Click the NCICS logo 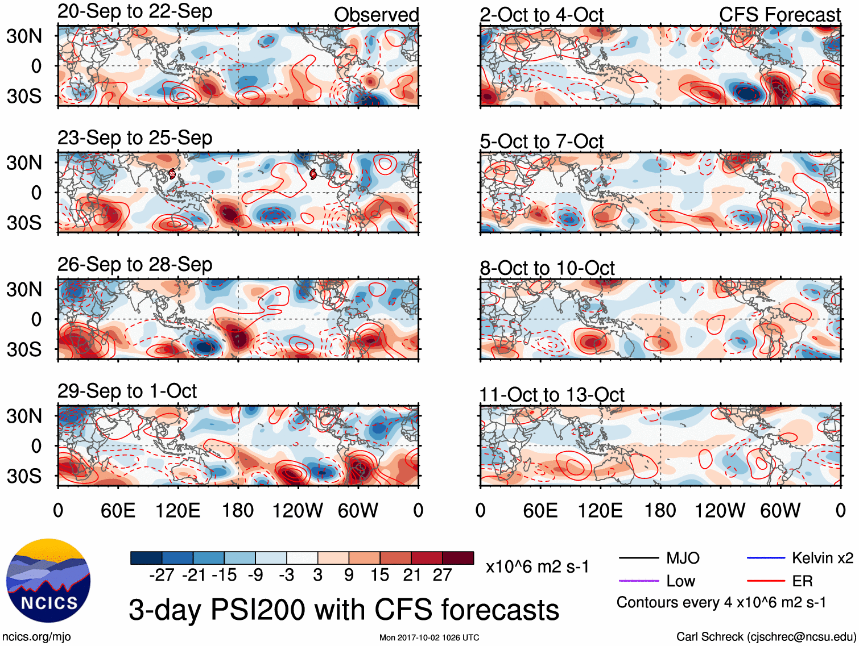tap(48, 580)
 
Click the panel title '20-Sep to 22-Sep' tap(135, 11)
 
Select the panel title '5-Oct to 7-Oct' tap(541, 141)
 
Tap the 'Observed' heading tap(376, 15)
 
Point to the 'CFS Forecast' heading tap(779, 15)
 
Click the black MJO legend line tap(639, 558)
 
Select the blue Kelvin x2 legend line tap(766, 558)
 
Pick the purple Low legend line tap(639, 581)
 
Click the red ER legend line tap(766, 581)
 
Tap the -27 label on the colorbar tap(161, 575)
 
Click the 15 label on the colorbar tap(380, 575)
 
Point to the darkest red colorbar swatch tap(458, 558)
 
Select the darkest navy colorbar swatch tap(146, 558)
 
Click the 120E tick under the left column tap(177, 510)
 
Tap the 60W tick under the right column tap(780, 510)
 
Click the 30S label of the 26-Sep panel tap(24, 349)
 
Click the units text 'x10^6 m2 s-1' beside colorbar tap(537, 566)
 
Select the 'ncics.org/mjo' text tap(36, 636)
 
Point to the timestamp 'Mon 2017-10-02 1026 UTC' tap(429, 637)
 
